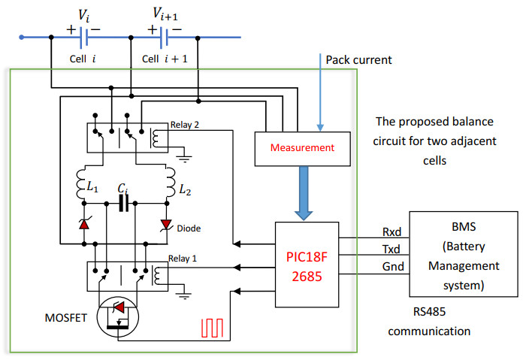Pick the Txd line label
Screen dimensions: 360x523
point(392,250)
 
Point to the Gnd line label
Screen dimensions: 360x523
point(392,267)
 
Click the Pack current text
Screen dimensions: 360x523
point(359,59)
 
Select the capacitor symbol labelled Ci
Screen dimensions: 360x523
point(123,201)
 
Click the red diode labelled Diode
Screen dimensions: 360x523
point(167,224)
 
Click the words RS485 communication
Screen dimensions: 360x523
point(434,322)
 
